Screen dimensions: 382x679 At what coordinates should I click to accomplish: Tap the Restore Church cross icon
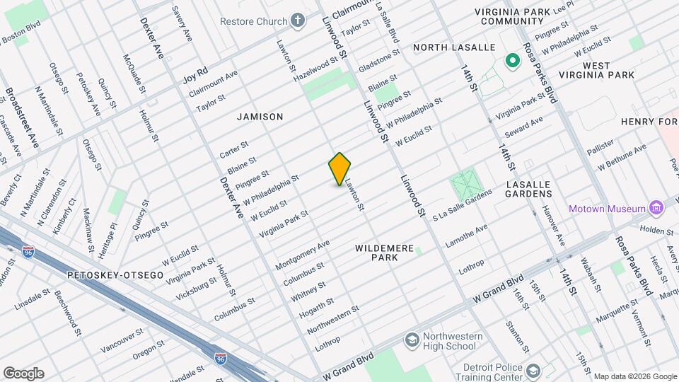click(x=298, y=20)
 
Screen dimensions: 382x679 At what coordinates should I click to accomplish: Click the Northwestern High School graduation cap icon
click(x=411, y=341)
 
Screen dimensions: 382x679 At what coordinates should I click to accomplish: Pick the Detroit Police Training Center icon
click(x=531, y=371)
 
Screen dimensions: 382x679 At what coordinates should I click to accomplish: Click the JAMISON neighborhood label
click(x=260, y=117)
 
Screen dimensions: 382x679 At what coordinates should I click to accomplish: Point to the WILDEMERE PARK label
click(x=387, y=253)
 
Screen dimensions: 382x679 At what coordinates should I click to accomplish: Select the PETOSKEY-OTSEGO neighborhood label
click(x=115, y=274)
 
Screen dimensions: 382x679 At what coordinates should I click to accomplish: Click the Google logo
click(x=23, y=374)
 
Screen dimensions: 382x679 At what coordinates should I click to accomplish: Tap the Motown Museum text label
click(x=608, y=208)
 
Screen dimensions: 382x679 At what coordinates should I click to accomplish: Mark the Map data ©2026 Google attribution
click(x=634, y=376)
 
